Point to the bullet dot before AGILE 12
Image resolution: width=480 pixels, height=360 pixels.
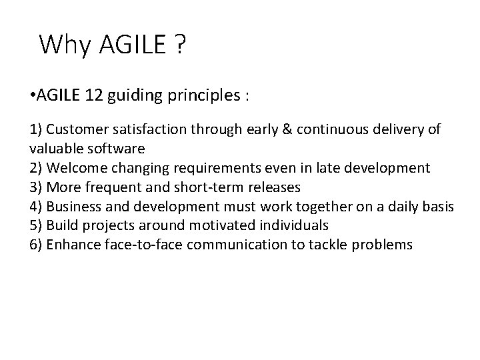(33, 95)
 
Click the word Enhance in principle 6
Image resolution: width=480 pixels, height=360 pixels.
(75, 245)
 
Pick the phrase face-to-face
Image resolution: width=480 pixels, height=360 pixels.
(145, 245)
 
